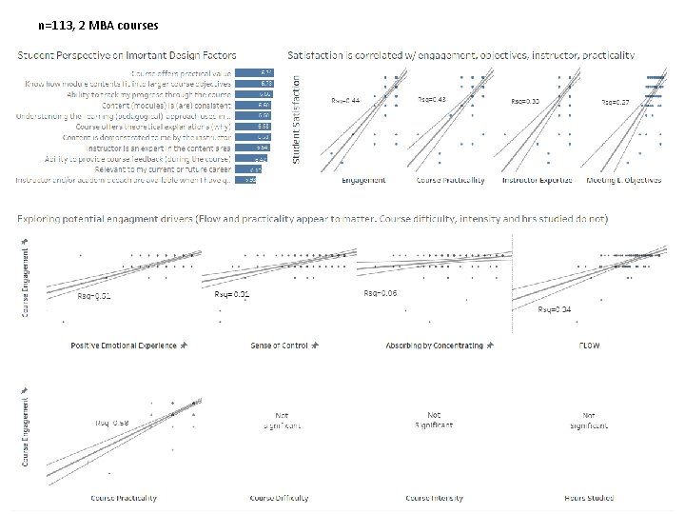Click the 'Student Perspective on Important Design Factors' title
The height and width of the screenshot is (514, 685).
coord(127,56)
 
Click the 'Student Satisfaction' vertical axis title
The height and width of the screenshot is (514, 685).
coord(295,118)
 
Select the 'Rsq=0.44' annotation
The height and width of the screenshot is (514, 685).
coord(345,100)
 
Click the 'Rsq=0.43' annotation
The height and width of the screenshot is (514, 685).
coord(432,99)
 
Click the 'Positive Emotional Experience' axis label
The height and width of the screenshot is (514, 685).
coord(124,345)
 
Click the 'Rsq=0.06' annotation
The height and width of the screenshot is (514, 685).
coord(380,293)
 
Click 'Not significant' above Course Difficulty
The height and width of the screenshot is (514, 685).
coord(282,421)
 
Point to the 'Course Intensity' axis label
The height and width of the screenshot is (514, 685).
coord(434,497)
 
